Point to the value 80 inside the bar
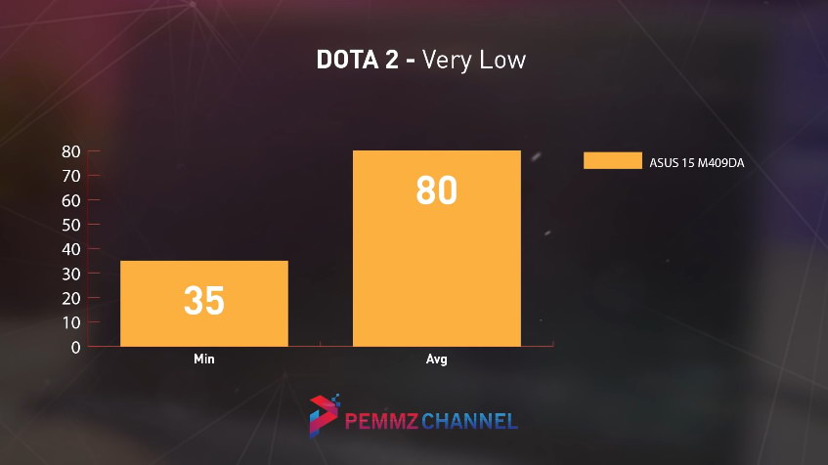pyautogui.click(x=436, y=190)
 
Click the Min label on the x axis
pyautogui.click(x=203, y=359)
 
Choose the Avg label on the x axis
pyautogui.click(x=436, y=359)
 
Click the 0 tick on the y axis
pyautogui.click(x=74, y=347)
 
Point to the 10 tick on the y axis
pyautogui.click(x=70, y=322)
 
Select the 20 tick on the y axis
pyautogui.click(x=70, y=298)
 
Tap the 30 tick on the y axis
pyautogui.click(x=70, y=274)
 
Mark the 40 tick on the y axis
pyautogui.click(x=70, y=249)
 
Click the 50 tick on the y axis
pyautogui.click(x=70, y=225)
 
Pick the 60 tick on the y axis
pyautogui.click(x=70, y=200)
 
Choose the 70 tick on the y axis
pyautogui.click(x=70, y=176)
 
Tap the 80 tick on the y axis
pyautogui.click(x=70, y=151)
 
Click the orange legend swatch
pyautogui.click(x=613, y=161)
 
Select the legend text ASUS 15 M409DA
pyautogui.click(x=697, y=162)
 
